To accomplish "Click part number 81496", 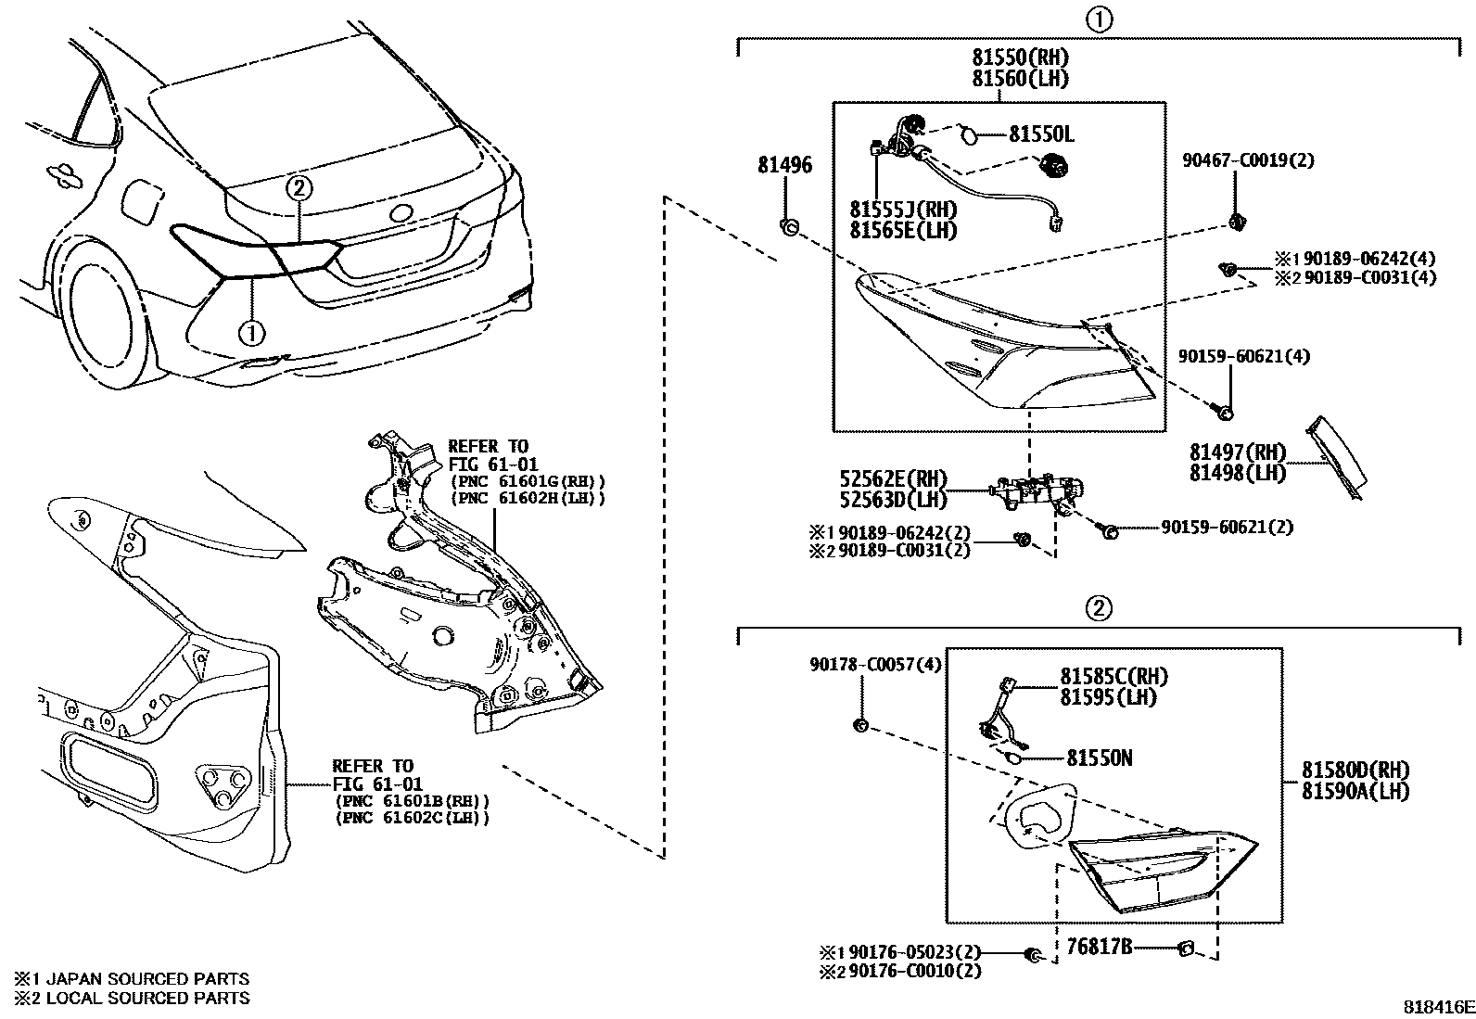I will [x=784, y=166].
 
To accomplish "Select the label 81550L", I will [x=1040, y=134].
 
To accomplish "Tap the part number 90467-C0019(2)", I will [x=1247, y=160].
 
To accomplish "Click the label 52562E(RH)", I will [x=894, y=479].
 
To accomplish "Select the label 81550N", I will [x=1099, y=758].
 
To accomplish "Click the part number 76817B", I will [x=1099, y=946].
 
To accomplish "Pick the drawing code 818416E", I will [x=1437, y=1007].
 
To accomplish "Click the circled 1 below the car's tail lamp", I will [x=252, y=329].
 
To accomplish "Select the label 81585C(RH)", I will [x=1113, y=676].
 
